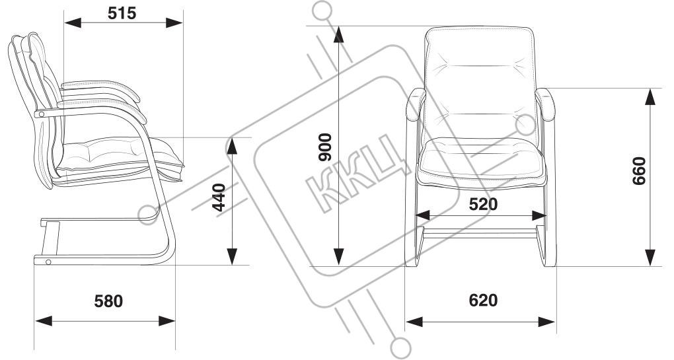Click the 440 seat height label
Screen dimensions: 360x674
click(219, 197)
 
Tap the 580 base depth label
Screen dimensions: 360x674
click(108, 301)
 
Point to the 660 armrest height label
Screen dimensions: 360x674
click(638, 170)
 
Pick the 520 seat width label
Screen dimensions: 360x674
click(482, 204)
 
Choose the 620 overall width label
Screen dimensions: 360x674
click(483, 301)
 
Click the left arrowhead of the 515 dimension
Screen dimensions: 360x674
click(70, 23)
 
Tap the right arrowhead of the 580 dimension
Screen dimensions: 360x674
click(168, 321)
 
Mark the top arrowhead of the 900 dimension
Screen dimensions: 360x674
click(339, 33)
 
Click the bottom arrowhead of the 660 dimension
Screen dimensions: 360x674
click(650, 258)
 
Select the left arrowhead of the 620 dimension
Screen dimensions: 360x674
click(413, 322)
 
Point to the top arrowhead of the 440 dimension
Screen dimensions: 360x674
click(233, 145)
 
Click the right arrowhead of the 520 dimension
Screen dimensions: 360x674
click(541, 215)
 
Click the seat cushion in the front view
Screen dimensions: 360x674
click(481, 159)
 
